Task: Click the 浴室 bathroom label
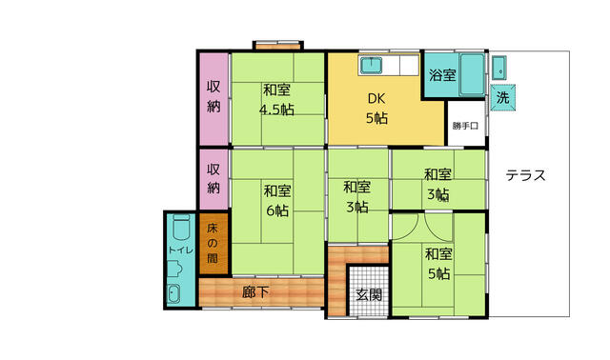point(442,74)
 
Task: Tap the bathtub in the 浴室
point(472,74)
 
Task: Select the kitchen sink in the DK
point(371,65)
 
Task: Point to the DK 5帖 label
point(376,108)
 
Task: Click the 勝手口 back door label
point(465,126)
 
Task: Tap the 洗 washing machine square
point(502,97)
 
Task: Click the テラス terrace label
point(525,176)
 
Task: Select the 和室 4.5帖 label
point(276,100)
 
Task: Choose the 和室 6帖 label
point(277,201)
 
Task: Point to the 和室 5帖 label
point(438,264)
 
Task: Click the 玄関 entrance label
point(369,295)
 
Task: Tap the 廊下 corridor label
point(255,292)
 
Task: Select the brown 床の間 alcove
point(213,244)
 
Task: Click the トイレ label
point(180,250)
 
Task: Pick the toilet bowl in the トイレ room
point(181,228)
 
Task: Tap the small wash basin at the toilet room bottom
point(173,293)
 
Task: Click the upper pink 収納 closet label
point(213,96)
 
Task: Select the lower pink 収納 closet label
point(213,178)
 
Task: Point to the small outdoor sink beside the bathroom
point(498,68)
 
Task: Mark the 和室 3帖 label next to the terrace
point(438,184)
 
